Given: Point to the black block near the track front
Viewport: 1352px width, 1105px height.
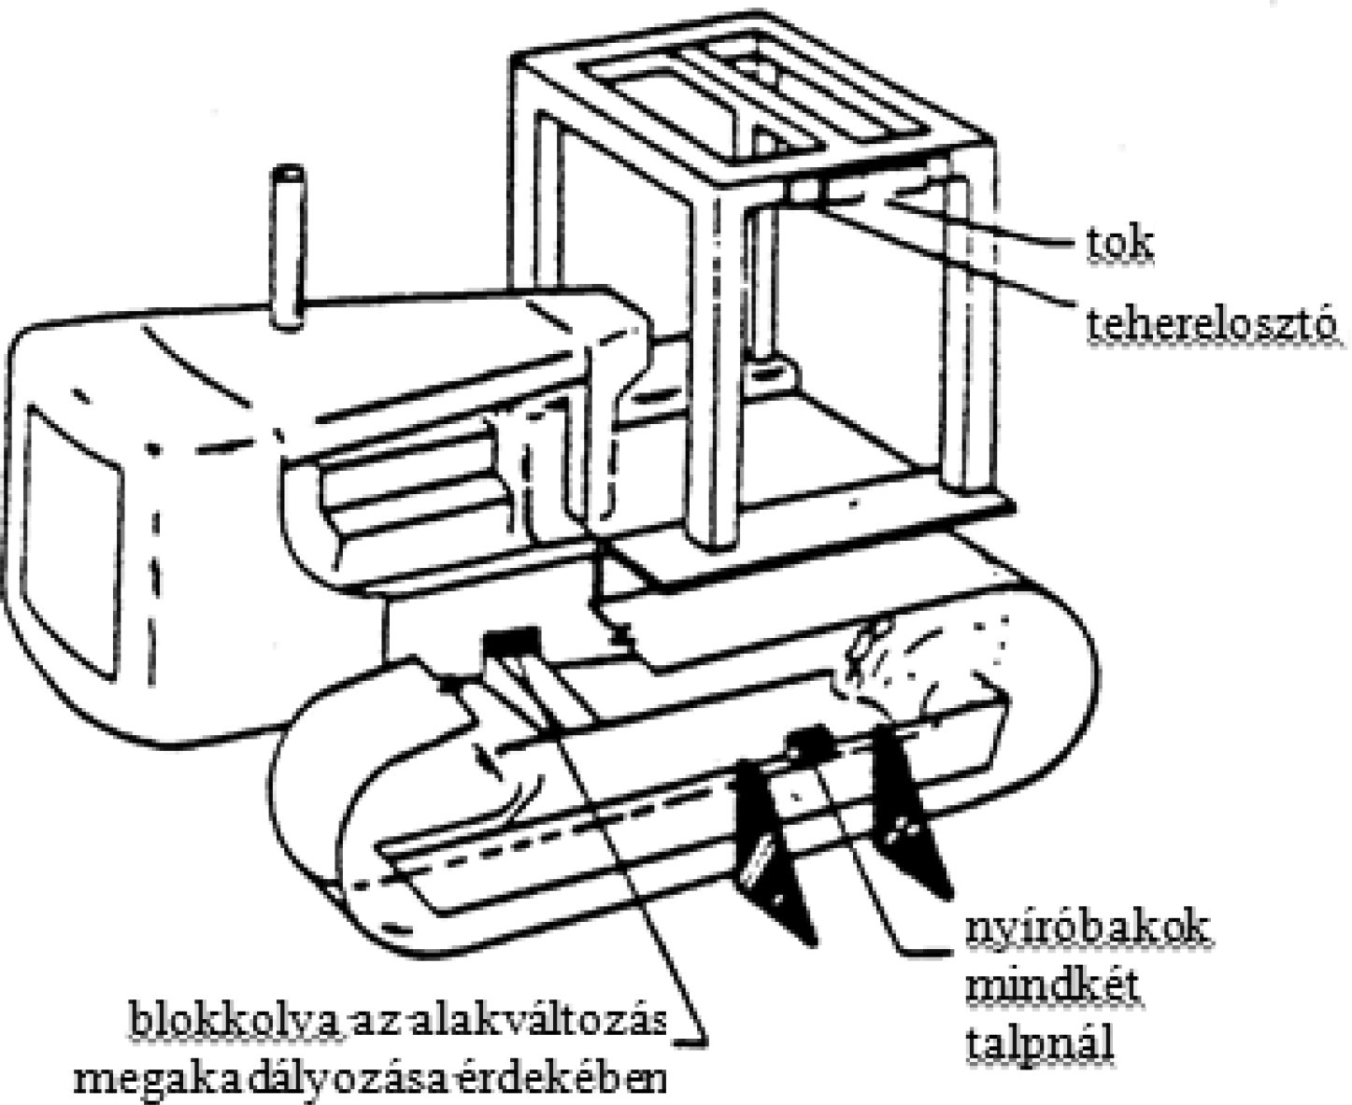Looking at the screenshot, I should click(x=511, y=643).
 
